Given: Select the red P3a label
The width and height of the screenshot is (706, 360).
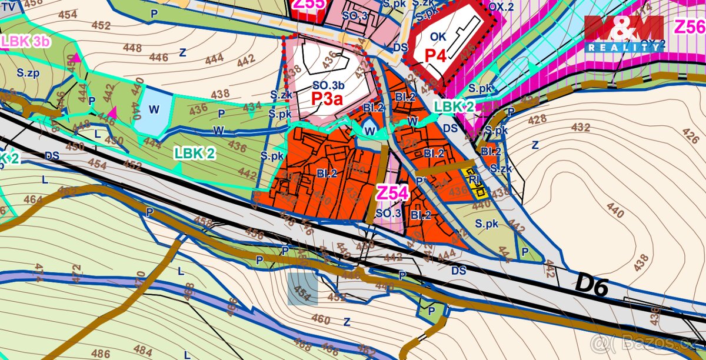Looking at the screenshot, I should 327,98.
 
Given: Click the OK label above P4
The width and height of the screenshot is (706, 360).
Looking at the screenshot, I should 438,36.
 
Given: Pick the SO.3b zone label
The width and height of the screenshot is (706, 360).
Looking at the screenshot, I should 328,84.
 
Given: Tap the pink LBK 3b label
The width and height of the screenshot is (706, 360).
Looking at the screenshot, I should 25,41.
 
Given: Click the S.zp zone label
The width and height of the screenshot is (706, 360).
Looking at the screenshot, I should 28,74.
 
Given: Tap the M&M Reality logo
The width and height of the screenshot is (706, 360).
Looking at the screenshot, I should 624,33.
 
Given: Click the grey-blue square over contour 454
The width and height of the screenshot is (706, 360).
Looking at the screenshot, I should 302,289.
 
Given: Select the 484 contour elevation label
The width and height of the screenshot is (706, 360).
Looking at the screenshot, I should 143,350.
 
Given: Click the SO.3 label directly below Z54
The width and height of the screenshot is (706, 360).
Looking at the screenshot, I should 388,213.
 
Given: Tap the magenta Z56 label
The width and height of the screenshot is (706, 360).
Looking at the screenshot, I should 688,27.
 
